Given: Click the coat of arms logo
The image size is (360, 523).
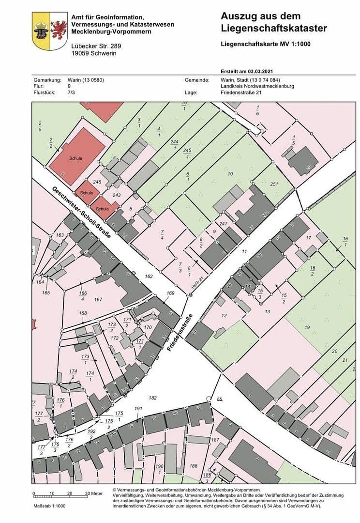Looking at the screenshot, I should coord(49,31).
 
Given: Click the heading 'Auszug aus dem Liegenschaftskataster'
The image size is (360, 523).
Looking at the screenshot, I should coord(273,23).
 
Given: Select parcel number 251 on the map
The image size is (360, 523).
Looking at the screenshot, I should coord(274,185).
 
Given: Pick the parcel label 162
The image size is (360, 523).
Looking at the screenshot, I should coord(148,276).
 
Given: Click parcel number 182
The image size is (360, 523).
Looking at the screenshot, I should coord(153,398).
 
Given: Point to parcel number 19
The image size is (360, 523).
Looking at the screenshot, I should coord(307,328).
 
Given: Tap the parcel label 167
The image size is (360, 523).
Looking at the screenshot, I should coord(98,300).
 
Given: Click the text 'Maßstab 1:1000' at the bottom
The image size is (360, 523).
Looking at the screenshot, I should coord(49,506).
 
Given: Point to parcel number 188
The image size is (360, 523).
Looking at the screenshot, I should coord(194,466).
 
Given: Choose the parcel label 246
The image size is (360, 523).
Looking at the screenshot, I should coord(97,182).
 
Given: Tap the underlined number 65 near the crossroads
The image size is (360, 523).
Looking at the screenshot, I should coord(219,399).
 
